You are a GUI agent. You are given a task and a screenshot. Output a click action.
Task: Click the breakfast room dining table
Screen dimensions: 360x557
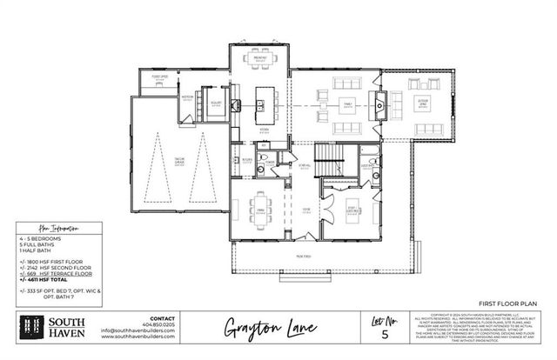259,60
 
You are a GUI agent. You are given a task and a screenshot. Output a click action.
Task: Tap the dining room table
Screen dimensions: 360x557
260,210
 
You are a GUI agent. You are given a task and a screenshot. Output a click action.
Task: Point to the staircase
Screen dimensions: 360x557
329,158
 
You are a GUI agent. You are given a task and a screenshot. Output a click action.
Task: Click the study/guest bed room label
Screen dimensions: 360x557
352,209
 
